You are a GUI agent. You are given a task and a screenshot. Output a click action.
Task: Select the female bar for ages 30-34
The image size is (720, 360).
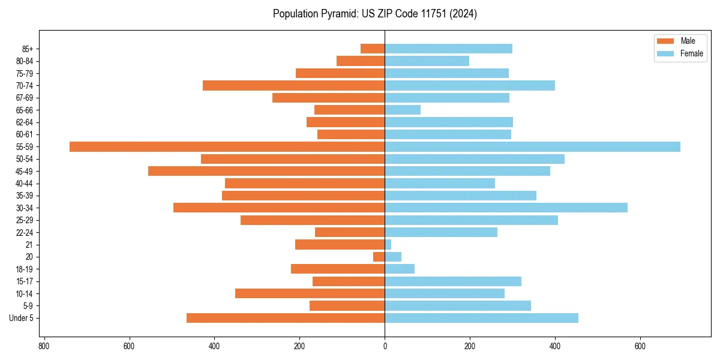506,208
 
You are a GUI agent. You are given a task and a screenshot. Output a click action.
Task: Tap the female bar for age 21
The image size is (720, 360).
388,245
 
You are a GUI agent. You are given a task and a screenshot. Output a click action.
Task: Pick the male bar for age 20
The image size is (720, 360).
379,257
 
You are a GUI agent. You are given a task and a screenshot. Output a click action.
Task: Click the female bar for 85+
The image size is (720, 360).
448,49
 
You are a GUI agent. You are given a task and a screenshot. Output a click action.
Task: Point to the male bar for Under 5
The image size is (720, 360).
286,318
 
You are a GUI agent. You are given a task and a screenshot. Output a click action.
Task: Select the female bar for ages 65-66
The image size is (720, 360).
403,110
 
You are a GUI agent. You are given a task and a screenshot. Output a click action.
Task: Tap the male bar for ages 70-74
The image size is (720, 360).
293,85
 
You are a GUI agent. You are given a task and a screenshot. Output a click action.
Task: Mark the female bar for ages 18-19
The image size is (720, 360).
400,269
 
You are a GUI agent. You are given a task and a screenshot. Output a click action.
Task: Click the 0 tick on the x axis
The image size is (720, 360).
385,346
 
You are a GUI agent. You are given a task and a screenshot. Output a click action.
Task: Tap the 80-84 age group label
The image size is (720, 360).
25,61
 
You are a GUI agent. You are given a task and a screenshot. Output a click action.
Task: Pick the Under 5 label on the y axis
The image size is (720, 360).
21,318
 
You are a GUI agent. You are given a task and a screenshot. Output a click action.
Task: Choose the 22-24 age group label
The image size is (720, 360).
25,232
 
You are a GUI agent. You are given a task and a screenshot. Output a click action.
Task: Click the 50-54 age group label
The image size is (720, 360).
25,159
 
